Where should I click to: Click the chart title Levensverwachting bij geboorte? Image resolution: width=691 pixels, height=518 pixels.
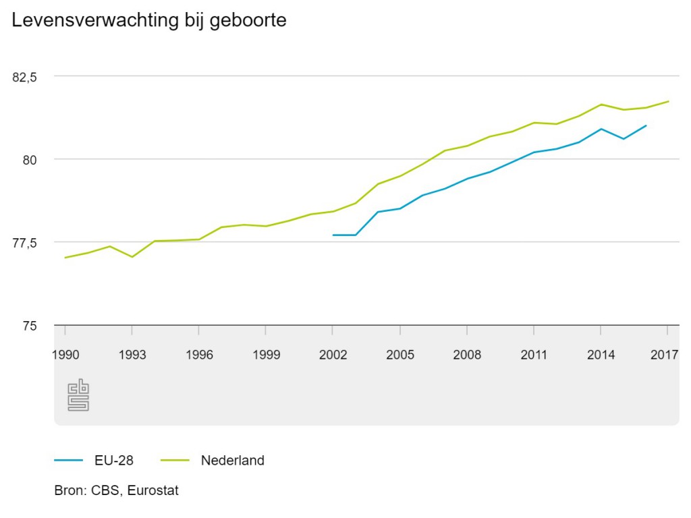[149, 21]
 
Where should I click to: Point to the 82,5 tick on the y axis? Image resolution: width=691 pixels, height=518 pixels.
[24, 77]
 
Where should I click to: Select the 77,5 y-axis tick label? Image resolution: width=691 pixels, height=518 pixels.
[24, 243]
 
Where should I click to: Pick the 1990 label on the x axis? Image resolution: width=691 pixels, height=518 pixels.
[65, 355]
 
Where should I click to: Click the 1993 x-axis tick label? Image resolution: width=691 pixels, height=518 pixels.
[132, 355]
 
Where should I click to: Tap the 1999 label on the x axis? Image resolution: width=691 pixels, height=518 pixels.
[266, 355]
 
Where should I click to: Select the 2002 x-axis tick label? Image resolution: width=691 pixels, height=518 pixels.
[333, 355]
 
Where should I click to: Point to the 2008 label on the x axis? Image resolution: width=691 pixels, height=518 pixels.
[467, 355]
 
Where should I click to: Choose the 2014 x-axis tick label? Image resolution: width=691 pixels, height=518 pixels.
[601, 355]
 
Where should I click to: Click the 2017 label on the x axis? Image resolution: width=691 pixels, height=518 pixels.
[664, 355]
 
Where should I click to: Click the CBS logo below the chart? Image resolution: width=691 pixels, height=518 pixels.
[78, 395]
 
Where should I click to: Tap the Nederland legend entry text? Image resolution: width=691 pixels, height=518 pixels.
[233, 461]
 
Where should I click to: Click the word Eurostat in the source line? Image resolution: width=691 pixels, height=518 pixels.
[153, 491]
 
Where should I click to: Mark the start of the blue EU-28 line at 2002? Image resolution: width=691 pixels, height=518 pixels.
[333, 235]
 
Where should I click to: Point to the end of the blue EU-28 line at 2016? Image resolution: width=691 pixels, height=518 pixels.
[646, 125]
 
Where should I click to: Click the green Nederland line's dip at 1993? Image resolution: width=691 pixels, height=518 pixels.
[132, 257]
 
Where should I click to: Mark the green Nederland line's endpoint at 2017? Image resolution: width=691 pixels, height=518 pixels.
[668, 102]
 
